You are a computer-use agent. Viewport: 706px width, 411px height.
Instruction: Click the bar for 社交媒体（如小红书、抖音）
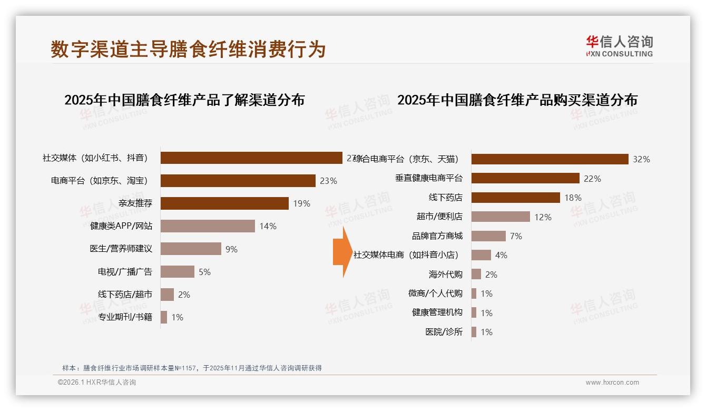(251, 158)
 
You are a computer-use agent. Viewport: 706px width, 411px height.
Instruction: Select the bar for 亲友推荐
(224, 203)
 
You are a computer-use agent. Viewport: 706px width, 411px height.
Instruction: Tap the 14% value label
(268, 226)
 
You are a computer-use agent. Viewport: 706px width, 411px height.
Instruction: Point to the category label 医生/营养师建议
(121, 249)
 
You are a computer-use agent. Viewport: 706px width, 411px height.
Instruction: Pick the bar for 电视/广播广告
(178, 272)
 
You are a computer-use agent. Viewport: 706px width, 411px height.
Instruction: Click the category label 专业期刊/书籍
(125, 317)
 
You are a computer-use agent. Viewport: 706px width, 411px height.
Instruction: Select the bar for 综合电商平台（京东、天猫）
(550, 159)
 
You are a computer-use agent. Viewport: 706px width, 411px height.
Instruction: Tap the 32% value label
(641, 159)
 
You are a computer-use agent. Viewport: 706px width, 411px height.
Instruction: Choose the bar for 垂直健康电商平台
(525, 179)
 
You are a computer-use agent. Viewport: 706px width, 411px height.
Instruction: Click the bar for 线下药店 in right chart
(515, 198)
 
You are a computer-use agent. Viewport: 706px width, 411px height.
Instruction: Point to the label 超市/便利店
(439, 217)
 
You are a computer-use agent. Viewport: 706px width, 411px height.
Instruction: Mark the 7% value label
(516, 236)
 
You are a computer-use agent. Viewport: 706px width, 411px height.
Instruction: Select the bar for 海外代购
(476, 275)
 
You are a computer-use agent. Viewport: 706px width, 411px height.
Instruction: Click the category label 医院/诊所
(444, 332)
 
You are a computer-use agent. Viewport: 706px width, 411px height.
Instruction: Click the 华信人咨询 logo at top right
(619, 46)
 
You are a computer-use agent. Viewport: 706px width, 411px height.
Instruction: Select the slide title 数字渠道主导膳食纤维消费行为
(188, 49)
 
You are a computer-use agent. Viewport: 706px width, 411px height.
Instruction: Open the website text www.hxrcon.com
(612, 383)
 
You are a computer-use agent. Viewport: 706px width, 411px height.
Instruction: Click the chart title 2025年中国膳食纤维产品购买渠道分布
(517, 100)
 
